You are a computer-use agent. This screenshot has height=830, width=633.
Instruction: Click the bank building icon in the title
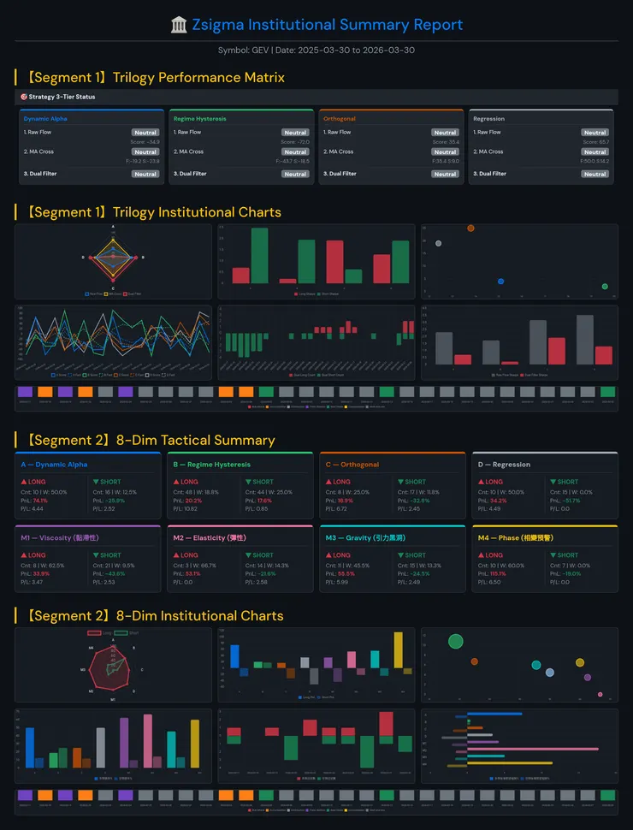pos(179,25)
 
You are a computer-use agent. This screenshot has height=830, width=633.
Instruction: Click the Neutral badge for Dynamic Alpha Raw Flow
pos(145,133)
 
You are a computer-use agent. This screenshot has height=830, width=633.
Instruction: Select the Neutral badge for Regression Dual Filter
pos(595,174)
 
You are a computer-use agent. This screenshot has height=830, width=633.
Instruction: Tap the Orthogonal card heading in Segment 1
pos(340,119)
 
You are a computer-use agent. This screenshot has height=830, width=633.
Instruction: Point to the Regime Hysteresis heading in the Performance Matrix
pos(199,119)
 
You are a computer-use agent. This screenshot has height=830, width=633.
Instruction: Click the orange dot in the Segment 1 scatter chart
pos(470,228)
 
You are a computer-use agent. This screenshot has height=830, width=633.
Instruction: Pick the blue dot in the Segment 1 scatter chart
pos(500,281)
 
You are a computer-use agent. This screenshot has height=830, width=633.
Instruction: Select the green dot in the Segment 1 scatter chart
pos(605,287)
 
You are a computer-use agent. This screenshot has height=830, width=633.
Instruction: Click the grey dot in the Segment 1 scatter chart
pos(438,243)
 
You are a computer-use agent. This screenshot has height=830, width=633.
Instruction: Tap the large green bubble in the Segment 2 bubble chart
pos(455,641)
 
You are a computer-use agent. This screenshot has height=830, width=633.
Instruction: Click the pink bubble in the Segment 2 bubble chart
pos(600,695)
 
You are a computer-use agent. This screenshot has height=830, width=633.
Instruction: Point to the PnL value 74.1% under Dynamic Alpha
pos(40,501)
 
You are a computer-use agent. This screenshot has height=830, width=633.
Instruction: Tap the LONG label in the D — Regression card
pos(494,482)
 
